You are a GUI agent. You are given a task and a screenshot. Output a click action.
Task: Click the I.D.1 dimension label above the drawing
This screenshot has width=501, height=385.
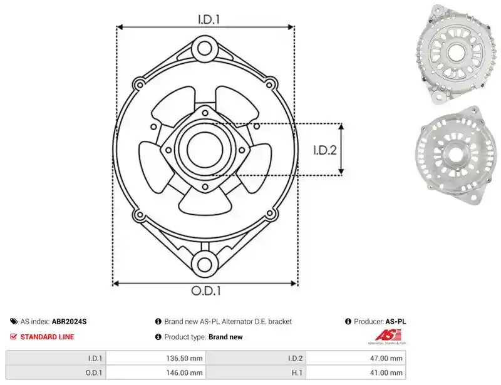point(209,19)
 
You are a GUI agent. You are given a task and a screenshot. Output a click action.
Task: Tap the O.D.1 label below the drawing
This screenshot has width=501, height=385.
point(206,290)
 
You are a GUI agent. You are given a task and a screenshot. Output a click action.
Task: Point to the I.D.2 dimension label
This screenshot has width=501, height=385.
point(325,150)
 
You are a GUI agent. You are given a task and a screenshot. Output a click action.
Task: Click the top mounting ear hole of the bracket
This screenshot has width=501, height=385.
point(205,49)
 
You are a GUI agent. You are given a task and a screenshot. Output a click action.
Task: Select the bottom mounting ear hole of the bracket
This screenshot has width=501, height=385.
point(205,264)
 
